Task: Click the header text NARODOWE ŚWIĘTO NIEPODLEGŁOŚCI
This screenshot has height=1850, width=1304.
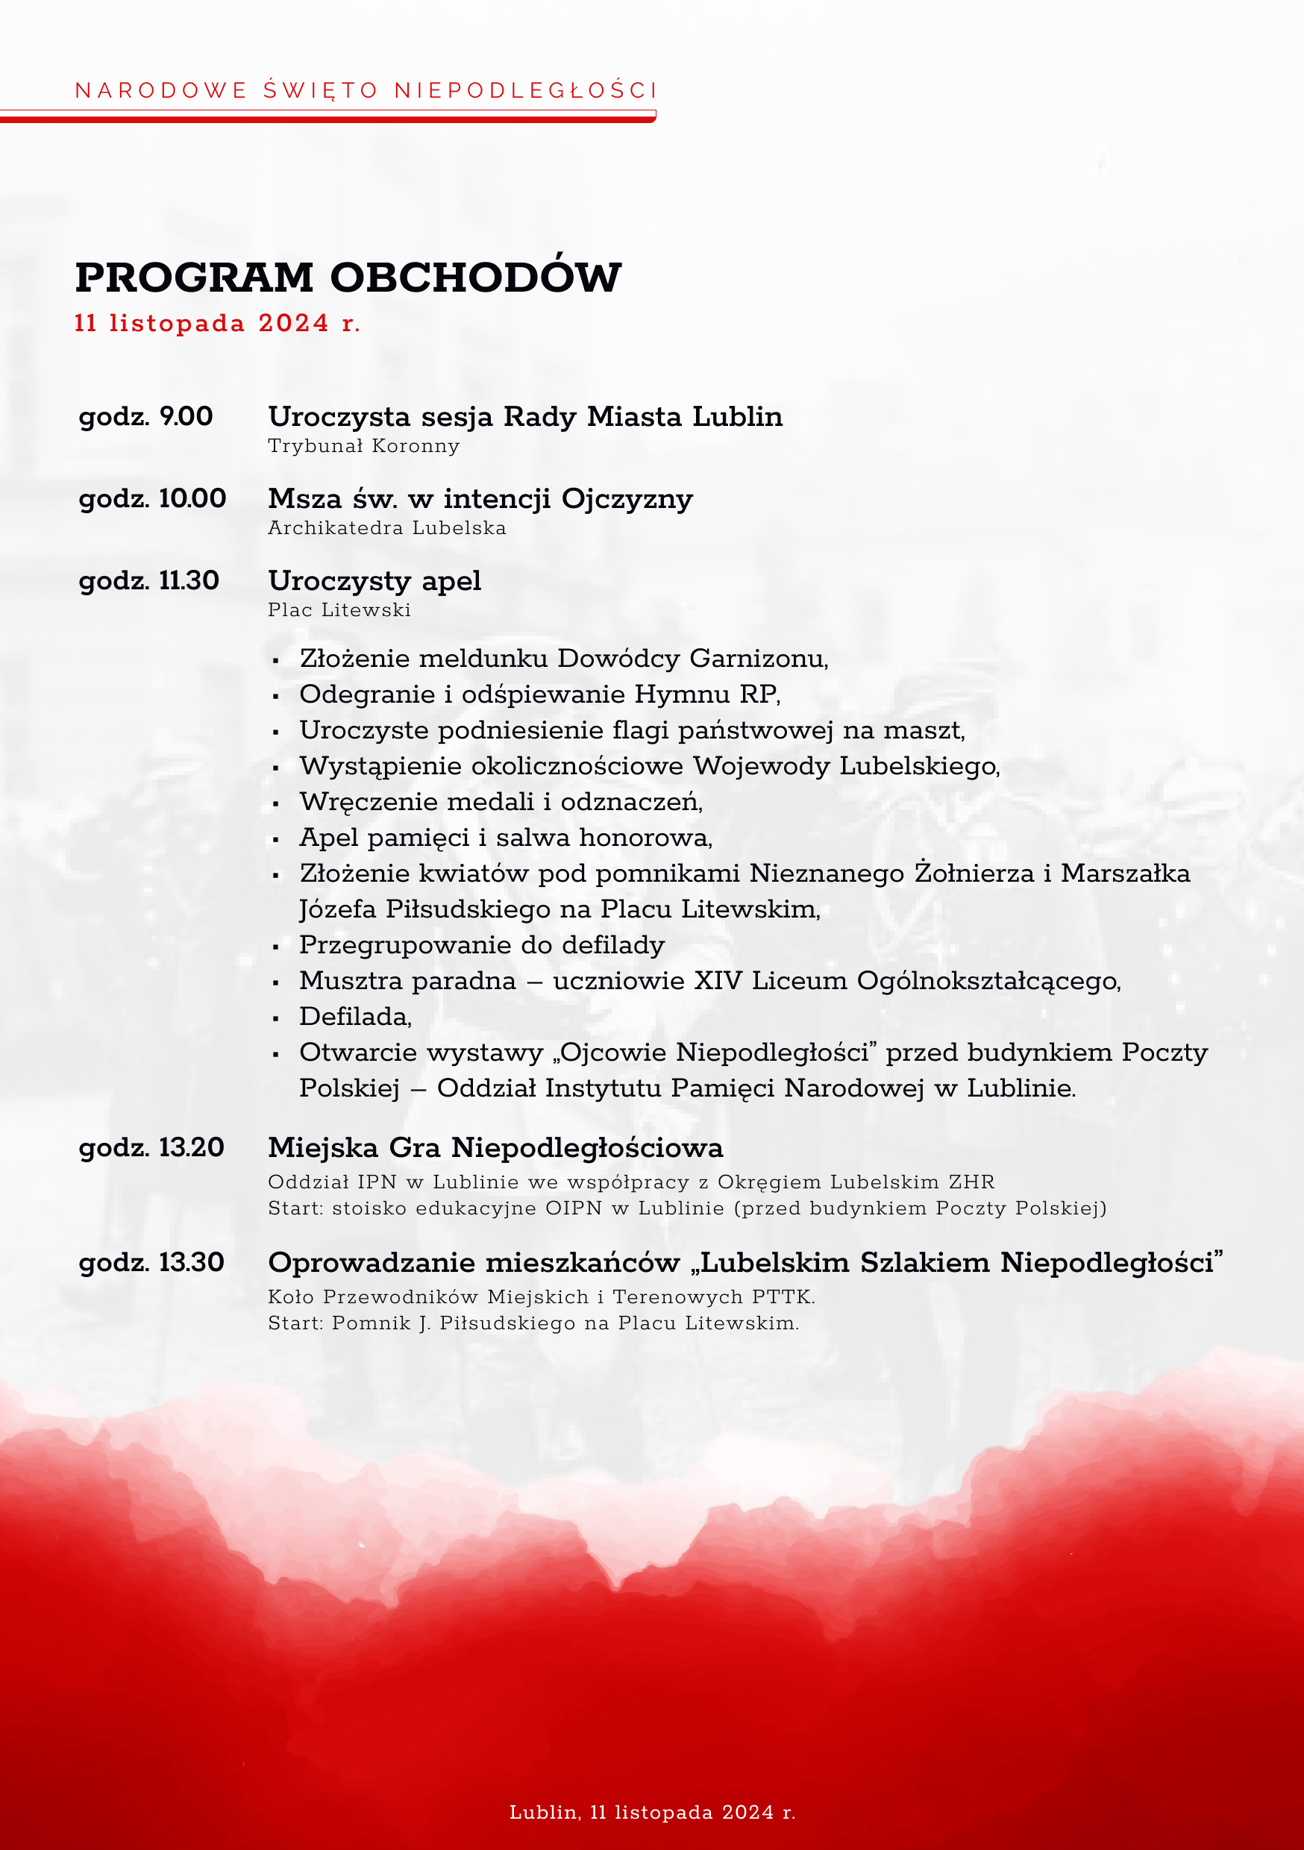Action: (366, 90)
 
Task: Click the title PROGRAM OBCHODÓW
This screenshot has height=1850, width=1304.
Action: (348, 277)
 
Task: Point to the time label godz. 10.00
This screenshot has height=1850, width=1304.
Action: (152, 499)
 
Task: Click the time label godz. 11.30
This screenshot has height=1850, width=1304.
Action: (149, 581)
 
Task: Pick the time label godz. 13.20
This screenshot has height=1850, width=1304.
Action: (151, 1147)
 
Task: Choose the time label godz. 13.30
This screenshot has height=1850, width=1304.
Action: (151, 1261)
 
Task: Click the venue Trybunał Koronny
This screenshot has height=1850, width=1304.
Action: (363, 446)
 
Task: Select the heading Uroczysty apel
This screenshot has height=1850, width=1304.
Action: (374, 581)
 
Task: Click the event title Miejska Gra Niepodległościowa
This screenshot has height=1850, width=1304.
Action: (495, 1147)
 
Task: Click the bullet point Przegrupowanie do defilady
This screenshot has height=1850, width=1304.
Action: (482, 945)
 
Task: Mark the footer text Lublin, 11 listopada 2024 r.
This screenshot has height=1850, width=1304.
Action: (652, 1812)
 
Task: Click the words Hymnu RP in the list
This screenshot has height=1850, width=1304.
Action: (706, 694)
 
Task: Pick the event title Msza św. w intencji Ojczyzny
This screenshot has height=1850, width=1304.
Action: (480, 499)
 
